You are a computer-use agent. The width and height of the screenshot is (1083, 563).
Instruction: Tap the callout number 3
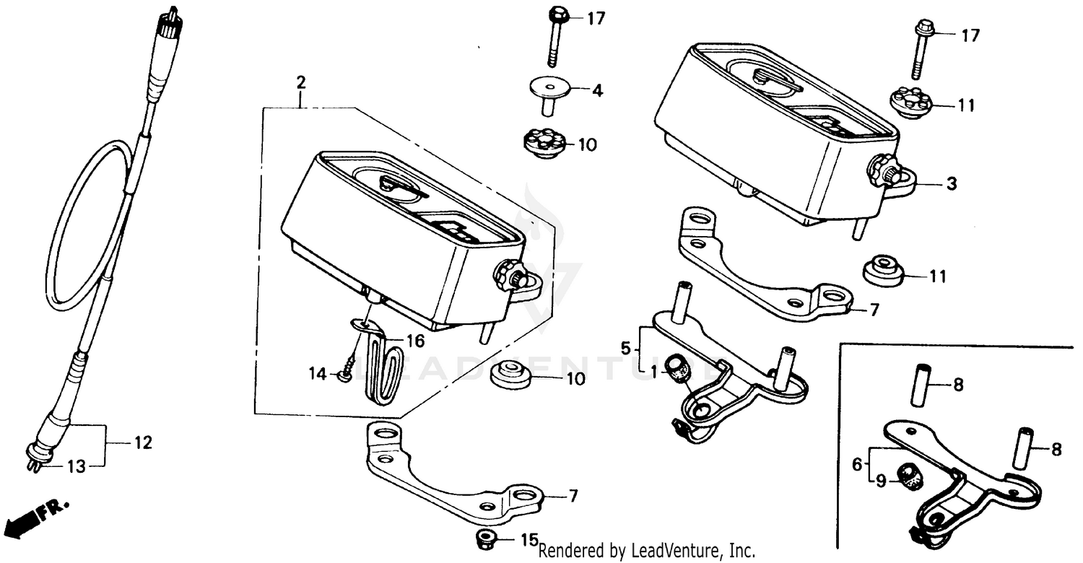point(952,185)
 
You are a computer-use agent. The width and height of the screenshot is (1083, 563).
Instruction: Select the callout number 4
point(597,91)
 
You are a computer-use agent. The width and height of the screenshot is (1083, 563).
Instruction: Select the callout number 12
point(144,442)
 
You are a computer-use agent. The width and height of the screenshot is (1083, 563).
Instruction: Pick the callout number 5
point(627,348)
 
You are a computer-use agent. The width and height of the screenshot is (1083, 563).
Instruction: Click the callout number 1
point(653,372)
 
